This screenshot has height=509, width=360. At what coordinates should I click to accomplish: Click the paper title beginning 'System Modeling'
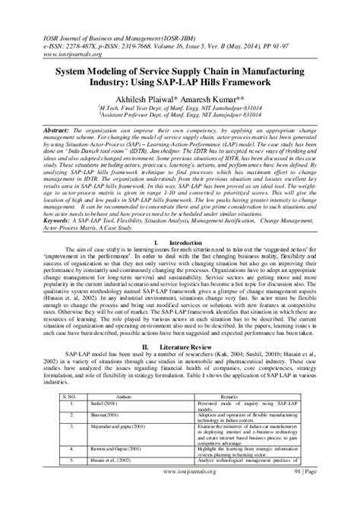180,74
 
